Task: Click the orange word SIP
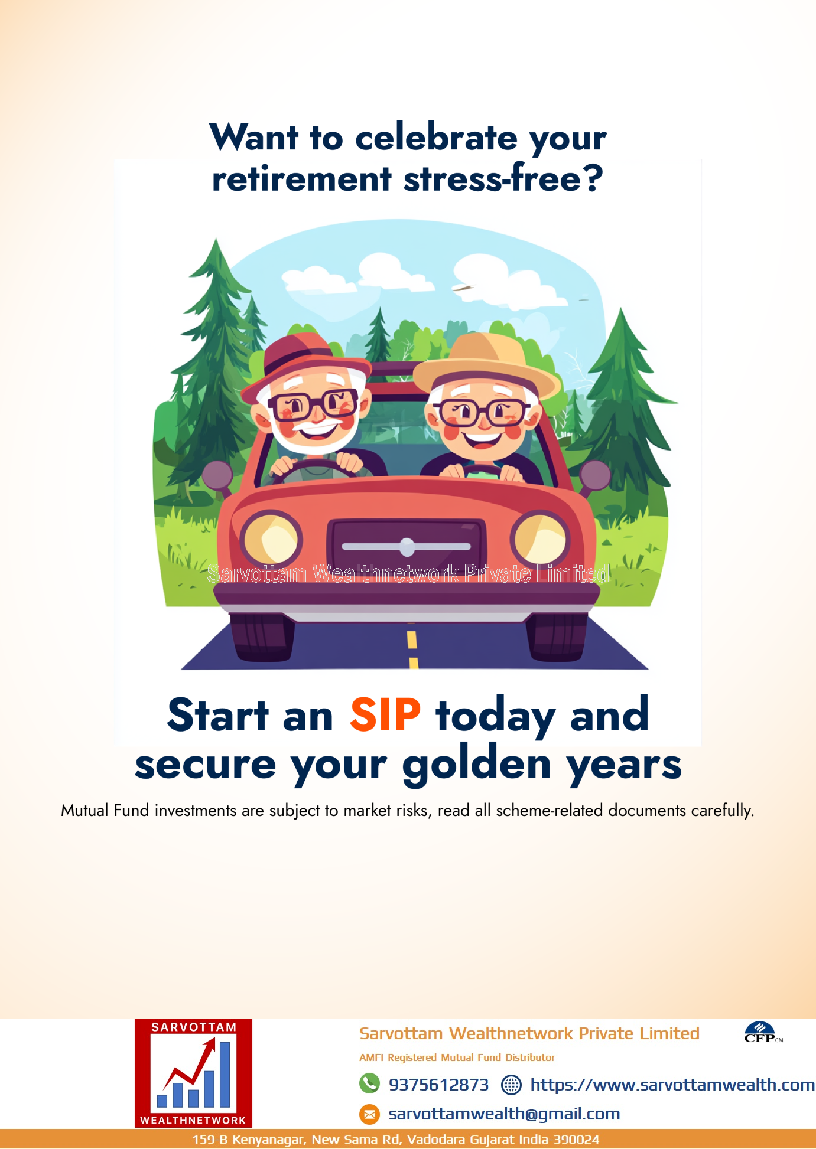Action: click(x=385, y=714)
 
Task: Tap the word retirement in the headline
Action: click(x=301, y=179)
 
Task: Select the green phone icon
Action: click(x=369, y=1083)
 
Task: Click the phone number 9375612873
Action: click(x=438, y=1085)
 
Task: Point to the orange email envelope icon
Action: click(x=369, y=1114)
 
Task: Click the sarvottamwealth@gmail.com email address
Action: click(x=504, y=1114)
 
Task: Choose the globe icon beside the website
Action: click(x=511, y=1085)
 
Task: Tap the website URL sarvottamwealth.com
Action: click(x=672, y=1085)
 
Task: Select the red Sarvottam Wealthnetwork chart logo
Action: click(x=193, y=1073)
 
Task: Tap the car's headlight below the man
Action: click(x=271, y=538)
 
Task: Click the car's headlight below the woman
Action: click(x=541, y=538)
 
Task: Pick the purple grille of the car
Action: click(x=407, y=547)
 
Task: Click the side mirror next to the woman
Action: click(x=595, y=476)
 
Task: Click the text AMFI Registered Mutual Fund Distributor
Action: click(x=457, y=1057)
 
